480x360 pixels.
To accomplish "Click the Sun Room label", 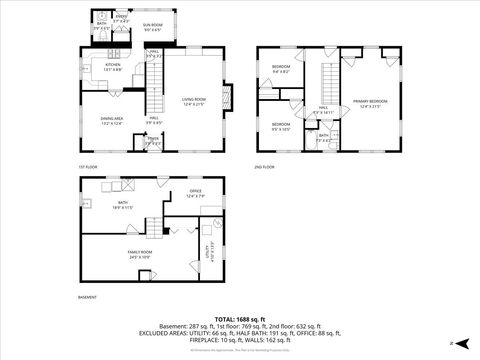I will (152, 25).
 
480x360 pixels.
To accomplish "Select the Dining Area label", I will (112, 120).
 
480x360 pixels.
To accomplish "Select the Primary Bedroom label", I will (370, 102).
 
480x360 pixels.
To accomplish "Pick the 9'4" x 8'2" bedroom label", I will (280, 70).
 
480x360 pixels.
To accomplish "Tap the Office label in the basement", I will (195, 192).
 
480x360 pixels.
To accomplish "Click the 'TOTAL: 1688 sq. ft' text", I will (239, 318).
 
